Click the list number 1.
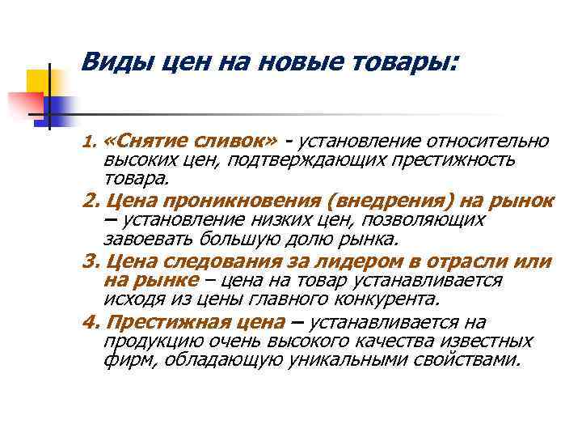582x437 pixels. [90, 143]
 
